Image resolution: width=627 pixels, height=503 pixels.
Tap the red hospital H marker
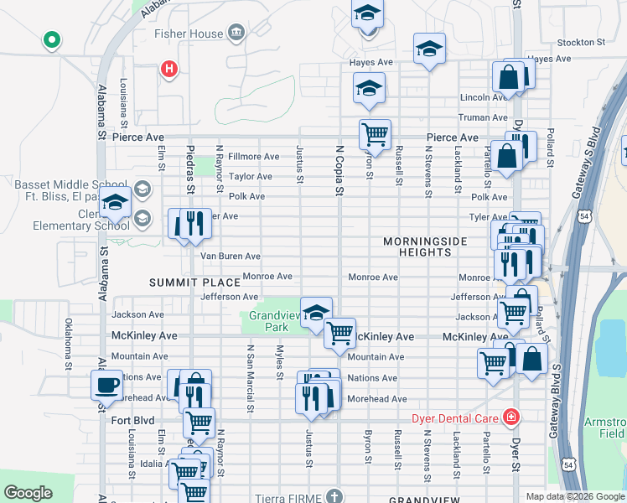[169, 69]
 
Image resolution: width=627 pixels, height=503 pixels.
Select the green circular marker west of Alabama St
[52, 39]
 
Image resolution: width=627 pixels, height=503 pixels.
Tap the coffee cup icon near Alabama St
[106, 385]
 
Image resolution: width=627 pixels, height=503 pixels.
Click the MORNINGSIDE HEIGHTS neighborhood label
[424, 246]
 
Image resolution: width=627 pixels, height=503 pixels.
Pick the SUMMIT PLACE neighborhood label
[189, 283]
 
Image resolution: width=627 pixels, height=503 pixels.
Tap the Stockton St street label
[581, 42]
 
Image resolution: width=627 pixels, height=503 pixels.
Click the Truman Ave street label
[483, 118]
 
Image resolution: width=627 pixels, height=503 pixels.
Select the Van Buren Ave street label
[230, 257]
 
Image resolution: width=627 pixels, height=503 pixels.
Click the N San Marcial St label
[250, 378]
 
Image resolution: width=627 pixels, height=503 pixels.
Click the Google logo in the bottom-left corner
[28, 493]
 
